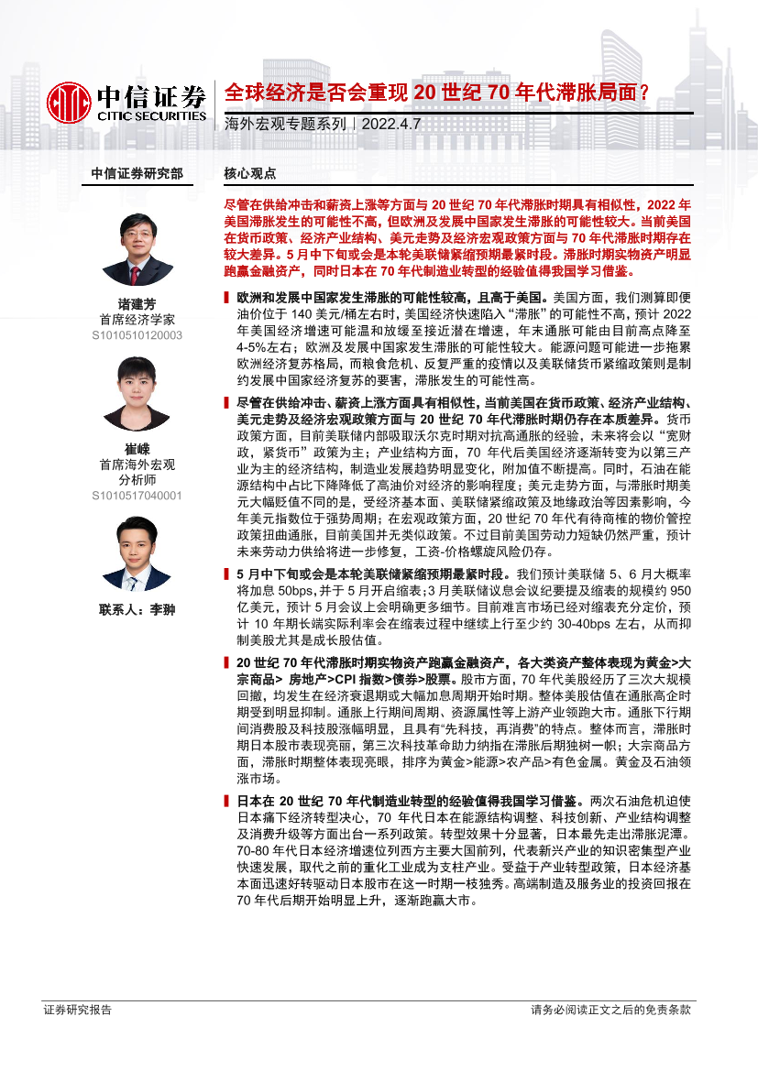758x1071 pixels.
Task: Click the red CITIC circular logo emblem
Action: (x=68, y=102)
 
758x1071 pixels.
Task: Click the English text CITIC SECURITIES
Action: (x=152, y=116)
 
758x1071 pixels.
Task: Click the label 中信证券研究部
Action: (x=137, y=173)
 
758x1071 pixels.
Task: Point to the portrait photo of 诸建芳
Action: (x=137, y=249)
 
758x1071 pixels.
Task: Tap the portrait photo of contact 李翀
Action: (x=137, y=554)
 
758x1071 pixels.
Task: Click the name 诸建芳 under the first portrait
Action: (x=137, y=304)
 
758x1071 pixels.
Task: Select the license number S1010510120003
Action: (x=137, y=335)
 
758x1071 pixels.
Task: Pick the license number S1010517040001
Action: (x=137, y=496)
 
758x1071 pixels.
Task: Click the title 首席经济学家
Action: (x=137, y=320)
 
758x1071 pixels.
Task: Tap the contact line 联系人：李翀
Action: (x=137, y=609)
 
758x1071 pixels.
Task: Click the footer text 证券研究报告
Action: (x=78, y=1010)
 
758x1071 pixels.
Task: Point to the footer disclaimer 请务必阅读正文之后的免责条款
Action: (x=610, y=1010)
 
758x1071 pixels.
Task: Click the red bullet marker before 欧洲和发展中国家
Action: (x=226, y=299)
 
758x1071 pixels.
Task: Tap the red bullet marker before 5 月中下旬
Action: (x=226, y=572)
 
